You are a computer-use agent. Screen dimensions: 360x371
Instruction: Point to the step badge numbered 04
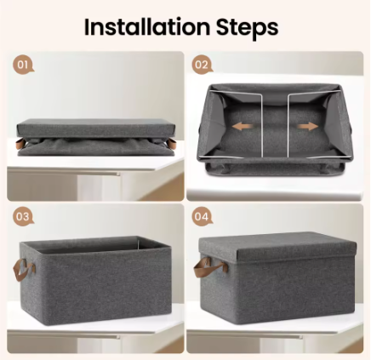coord(201,216)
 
